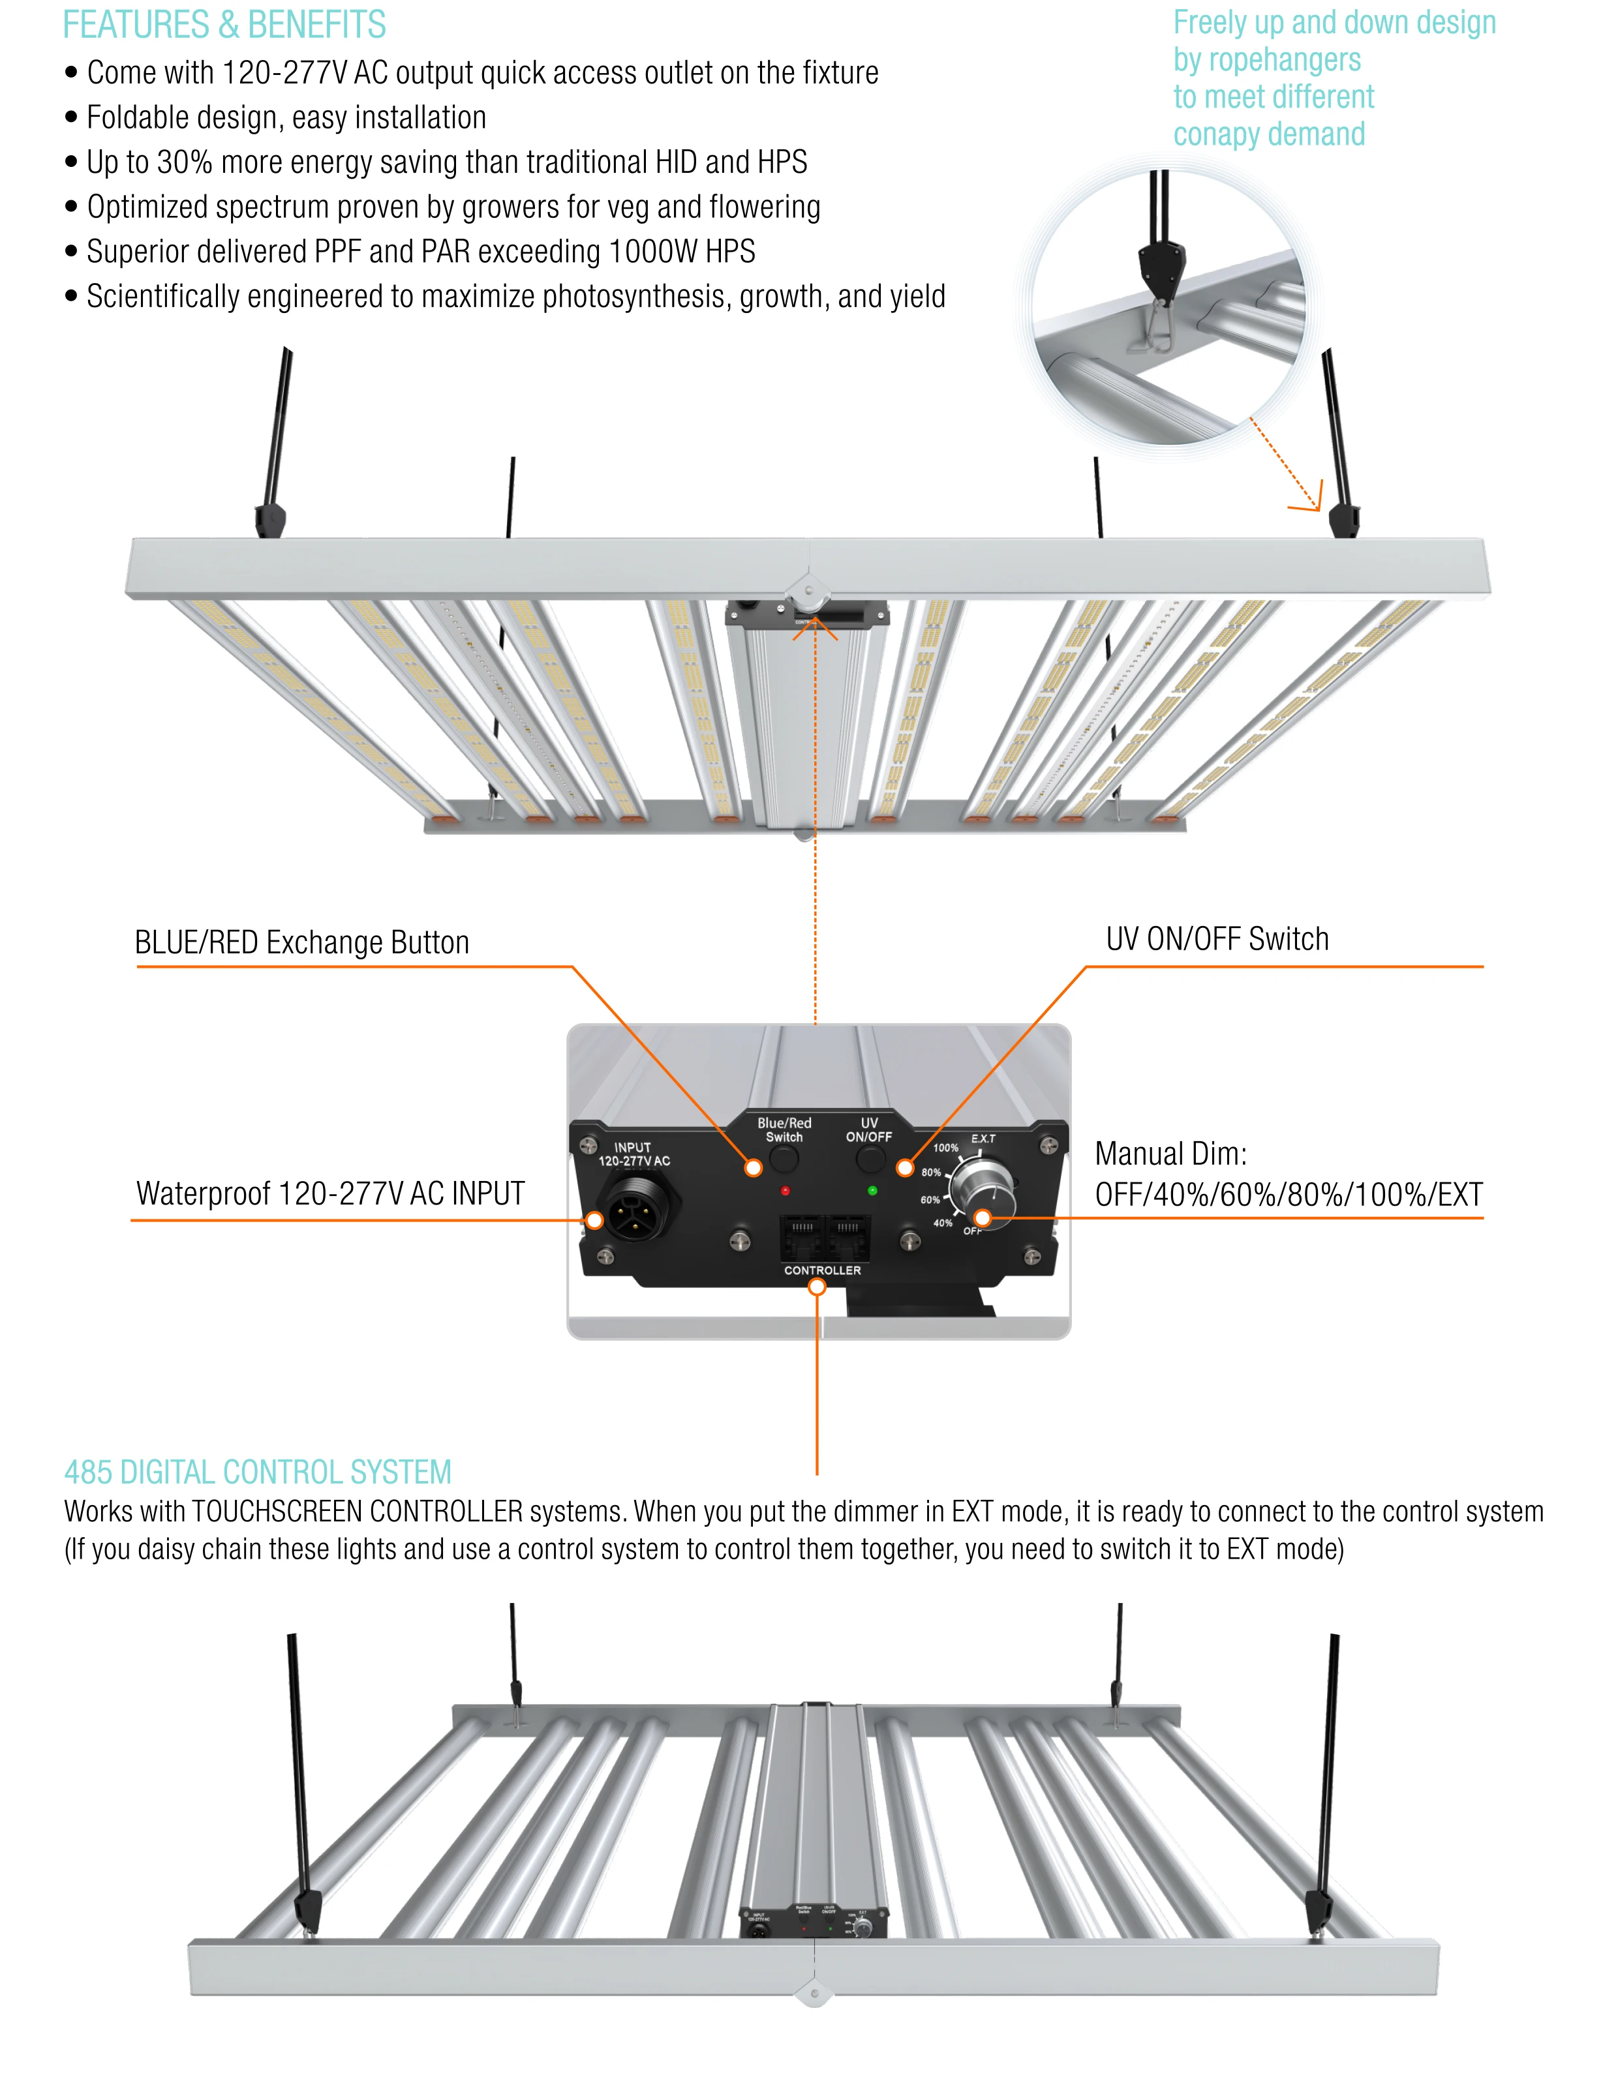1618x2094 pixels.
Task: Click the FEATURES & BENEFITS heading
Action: tap(224, 25)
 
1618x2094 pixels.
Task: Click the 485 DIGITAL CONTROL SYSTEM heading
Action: tap(257, 1472)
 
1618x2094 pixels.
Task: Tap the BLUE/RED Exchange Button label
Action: tap(301, 942)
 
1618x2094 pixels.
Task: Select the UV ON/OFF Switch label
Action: tap(1217, 938)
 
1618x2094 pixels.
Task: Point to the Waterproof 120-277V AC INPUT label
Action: tap(330, 1193)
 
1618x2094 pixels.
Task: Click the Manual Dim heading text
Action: tap(1170, 1154)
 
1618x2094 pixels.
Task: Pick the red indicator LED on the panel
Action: tap(785, 1191)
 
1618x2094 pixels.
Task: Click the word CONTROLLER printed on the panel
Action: tap(822, 1270)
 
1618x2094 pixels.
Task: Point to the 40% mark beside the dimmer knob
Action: tap(943, 1223)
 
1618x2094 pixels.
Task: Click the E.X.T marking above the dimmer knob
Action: tap(983, 1139)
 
